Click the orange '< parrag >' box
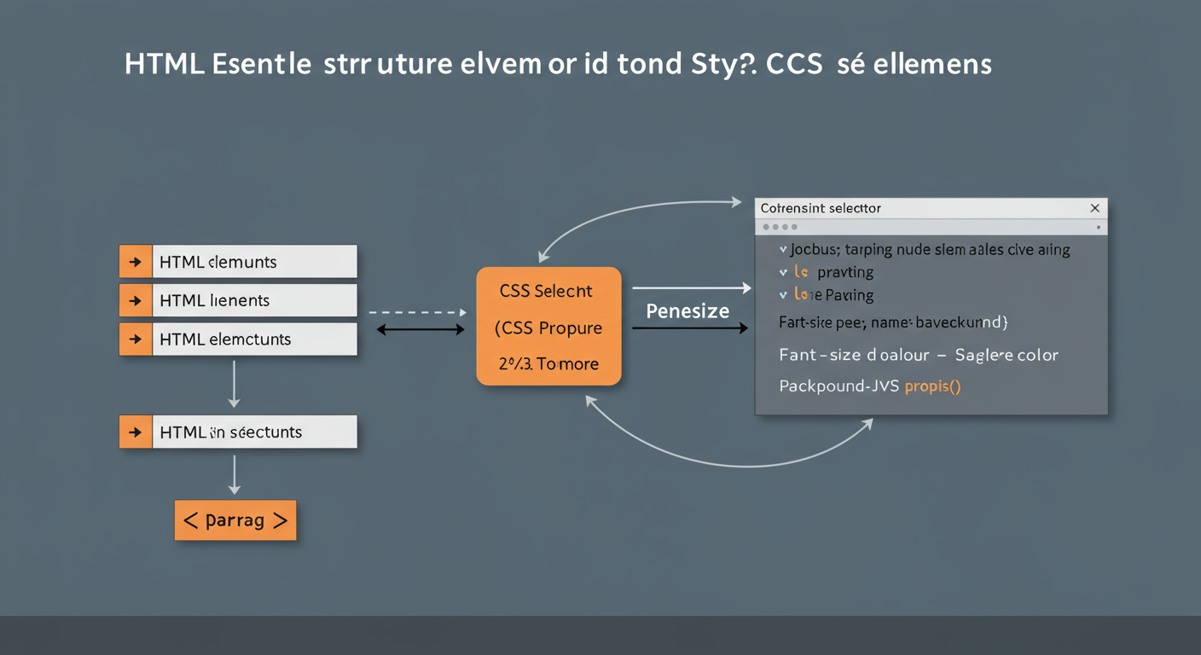tap(235, 520)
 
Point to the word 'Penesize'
tap(688, 311)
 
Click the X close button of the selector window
tap(1094, 208)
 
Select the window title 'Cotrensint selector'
tap(821, 208)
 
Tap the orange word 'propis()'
tap(932, 386)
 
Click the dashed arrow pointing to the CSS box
tap(418, 313)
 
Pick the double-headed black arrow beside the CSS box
tap(421, 329)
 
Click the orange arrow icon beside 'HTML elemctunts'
tap(136, 339)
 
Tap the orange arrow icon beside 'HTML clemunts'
tap(136, 262)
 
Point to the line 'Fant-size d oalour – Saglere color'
tap(918, 355)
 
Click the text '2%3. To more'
tap(548, 364)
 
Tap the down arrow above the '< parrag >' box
tap(235, 475)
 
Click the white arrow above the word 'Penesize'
tap(691, 288)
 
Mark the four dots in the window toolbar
tap(780, 227)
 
